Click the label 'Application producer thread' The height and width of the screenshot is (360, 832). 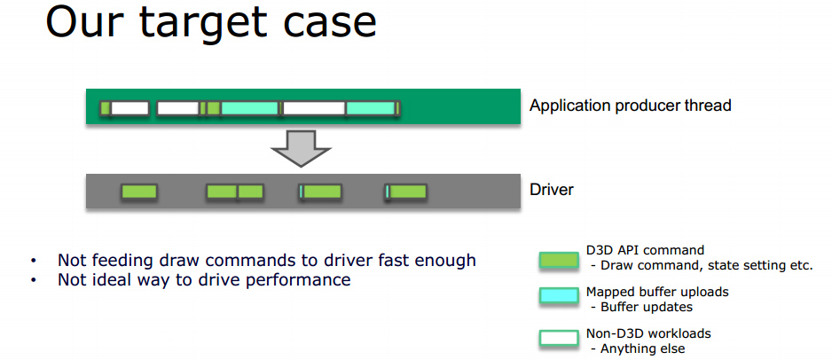coord(630,106)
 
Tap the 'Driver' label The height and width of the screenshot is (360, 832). coord(552,190)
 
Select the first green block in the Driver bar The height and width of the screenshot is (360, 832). coord(138,191)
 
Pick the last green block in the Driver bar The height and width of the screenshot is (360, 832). coord(407,191)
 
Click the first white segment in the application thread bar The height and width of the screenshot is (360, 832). coord(130,108)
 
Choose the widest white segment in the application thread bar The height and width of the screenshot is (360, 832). coord(313,108)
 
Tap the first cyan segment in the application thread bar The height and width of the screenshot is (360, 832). coord(249,108)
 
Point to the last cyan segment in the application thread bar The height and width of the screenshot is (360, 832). coord(370,108)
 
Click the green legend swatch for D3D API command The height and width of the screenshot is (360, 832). coord(558,261)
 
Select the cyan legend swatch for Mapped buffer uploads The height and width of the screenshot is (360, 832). coord(558,295)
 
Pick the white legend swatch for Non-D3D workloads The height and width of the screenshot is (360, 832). coord(558,338)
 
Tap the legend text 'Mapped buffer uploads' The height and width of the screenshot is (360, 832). coord(658,292)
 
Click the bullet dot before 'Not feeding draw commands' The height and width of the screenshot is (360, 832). coord(33,261)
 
